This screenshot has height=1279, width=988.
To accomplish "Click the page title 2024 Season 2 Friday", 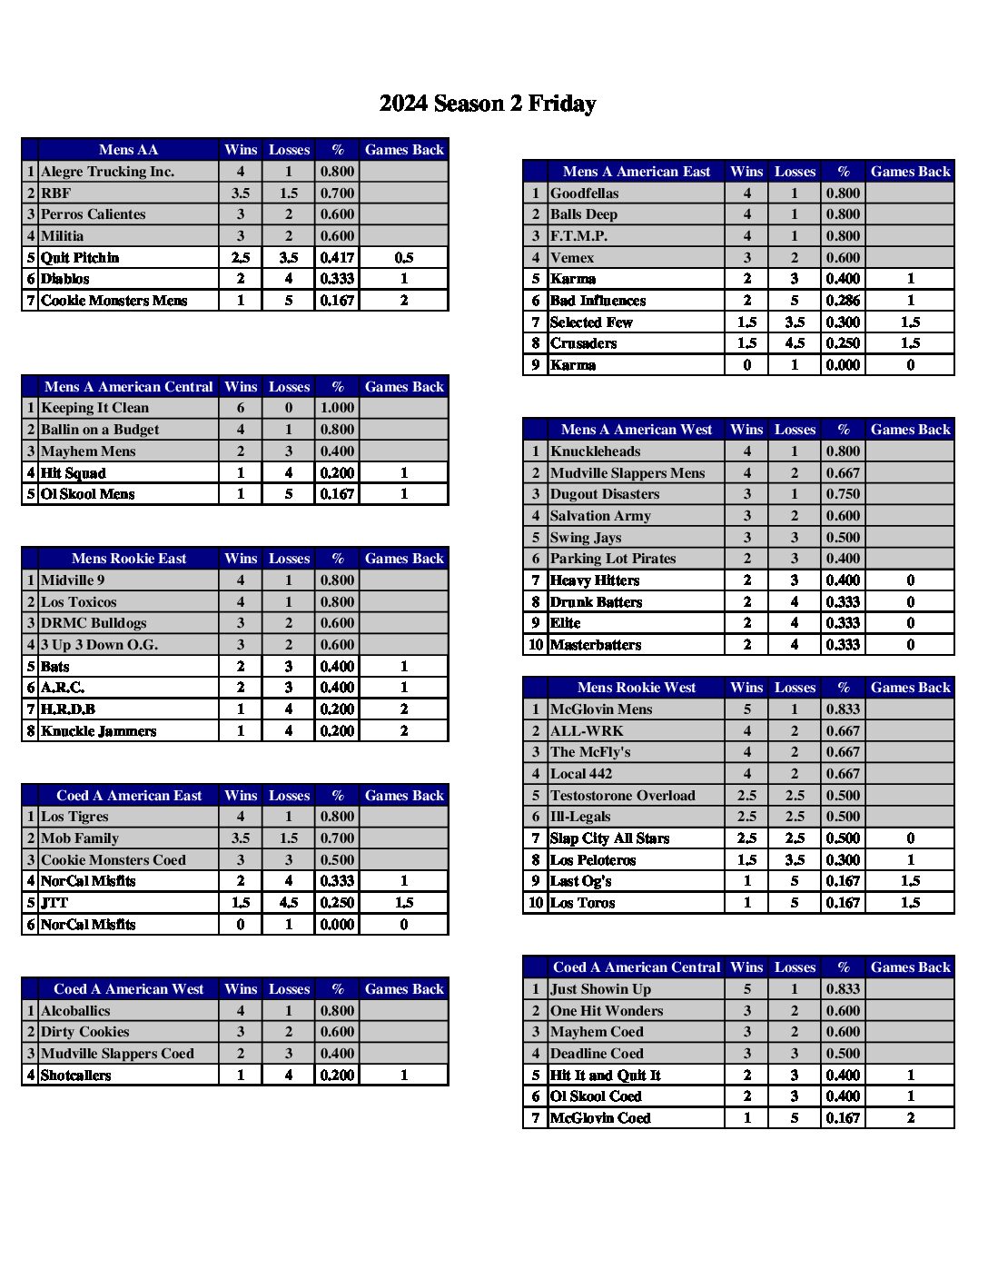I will pyautogui.click(x=488, y=104).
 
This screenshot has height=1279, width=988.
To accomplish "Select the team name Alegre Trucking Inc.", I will pyautogui.click(x=107, y=172).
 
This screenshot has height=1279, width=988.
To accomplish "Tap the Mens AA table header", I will pyautogui.click(x=128, y=150).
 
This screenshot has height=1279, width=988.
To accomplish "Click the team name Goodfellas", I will pyautogui.click(x=584, y=193).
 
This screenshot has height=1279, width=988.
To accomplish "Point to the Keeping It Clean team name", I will pyautogui.click(x=94, y=408).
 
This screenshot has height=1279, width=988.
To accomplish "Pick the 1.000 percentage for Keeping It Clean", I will pyautogui.click(x=337, y=408).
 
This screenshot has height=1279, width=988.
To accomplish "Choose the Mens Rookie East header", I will pyautogui.click(x=128, y=559).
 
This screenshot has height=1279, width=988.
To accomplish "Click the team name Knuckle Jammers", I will pyautogui.click(x=98, y=731).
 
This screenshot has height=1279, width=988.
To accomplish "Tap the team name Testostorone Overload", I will pyautogui.click(x=622, y=796).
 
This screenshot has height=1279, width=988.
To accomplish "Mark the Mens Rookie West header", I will pyautogui.click(x=636, y=688).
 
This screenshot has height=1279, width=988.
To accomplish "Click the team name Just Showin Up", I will pyautogui.click(x=600, y=989).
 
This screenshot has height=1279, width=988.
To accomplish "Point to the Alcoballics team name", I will pyautogui.click(x=75, y=1011).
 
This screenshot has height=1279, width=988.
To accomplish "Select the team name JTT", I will pyautogui.click(x=54, y=903).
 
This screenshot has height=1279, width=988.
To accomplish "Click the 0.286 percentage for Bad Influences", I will pyautogui.click(x=843, y=301).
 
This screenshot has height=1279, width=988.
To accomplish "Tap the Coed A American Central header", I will pyautogui.click(x=636, y=967).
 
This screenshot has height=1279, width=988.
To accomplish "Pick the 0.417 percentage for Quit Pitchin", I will pyautogui.click(x=337, y=258).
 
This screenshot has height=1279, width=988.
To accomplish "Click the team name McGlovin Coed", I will pyautogui.click(x=600, y=1118).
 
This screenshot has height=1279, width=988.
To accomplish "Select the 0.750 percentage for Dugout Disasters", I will pyautogui.click(x=843, y=494).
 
